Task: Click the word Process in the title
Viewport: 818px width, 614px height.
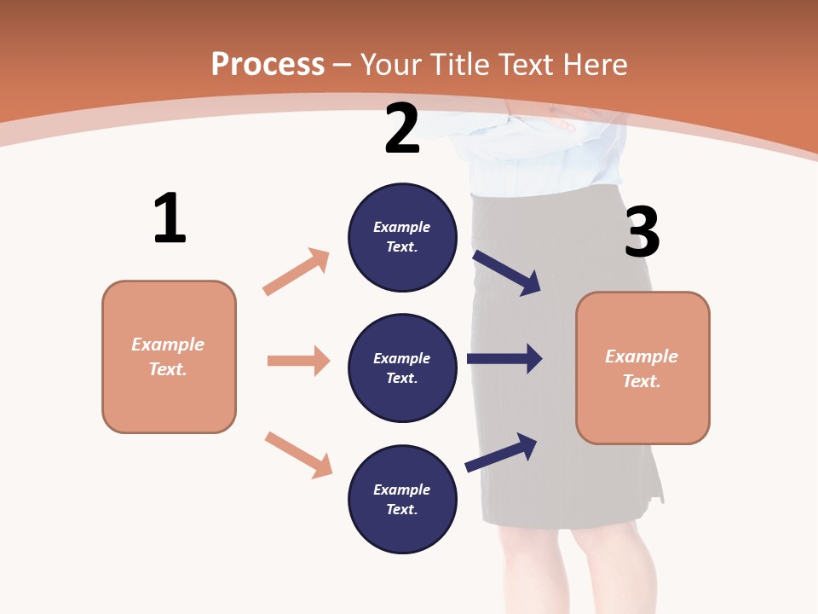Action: tap(268, 65)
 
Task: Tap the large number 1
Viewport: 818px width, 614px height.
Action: tap(170, 218)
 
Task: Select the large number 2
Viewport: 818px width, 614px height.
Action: tap(402, 129)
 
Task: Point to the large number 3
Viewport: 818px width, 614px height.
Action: tap(642, 232)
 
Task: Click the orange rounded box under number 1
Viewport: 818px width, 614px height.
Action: tap(169, 356)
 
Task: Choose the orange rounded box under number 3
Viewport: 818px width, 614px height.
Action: tap(642, 368)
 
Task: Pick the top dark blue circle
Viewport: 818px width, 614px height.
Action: tap(402, 237)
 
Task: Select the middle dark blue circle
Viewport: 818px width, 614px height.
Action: tap(402, 368)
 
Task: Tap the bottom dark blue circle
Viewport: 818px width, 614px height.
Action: tap(402, 500)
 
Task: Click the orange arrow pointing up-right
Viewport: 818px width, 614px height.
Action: tap(297, 272)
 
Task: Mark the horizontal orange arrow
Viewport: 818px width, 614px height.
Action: tap(298, 361)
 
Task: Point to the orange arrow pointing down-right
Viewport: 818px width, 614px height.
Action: tap(298, 455)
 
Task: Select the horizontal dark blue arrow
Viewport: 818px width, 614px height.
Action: tap(504, 359)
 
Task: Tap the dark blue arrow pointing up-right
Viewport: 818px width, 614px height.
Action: tap(501, 452)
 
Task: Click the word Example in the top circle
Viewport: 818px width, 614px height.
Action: tap(402, 227)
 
